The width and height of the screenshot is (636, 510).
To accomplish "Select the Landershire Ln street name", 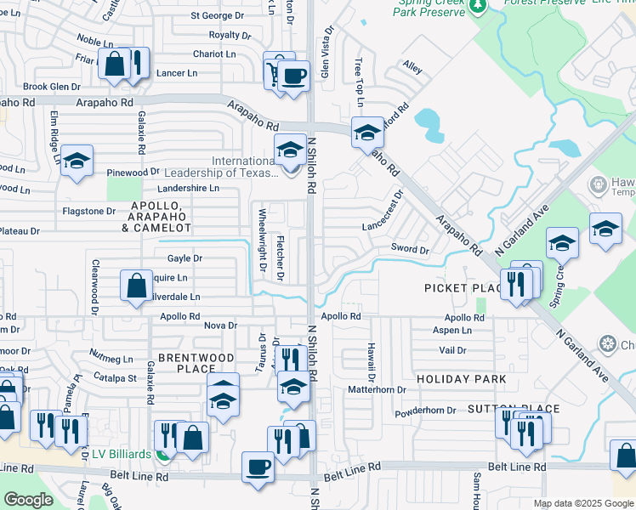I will [x=188, y=188].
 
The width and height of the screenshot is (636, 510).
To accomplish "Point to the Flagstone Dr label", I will [x=88, y=211].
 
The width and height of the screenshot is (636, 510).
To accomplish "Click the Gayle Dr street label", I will [x=185, y=258].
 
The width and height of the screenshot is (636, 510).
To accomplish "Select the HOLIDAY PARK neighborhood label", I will [x=461, y=378].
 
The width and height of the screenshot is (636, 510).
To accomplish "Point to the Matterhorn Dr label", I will [x=378, y=389].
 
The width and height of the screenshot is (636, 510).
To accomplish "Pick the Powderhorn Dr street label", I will [x=426, y=410].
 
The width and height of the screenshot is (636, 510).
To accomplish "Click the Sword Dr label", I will [x=410, y=248].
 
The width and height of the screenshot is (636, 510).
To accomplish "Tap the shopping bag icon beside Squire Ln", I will [x=136, y=286].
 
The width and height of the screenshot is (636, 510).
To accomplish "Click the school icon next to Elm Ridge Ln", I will [x=77, y=160].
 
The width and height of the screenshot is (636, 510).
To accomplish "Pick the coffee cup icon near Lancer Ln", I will [x=293, y=76].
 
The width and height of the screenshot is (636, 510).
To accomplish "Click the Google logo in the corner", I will [x=28, y=500].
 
